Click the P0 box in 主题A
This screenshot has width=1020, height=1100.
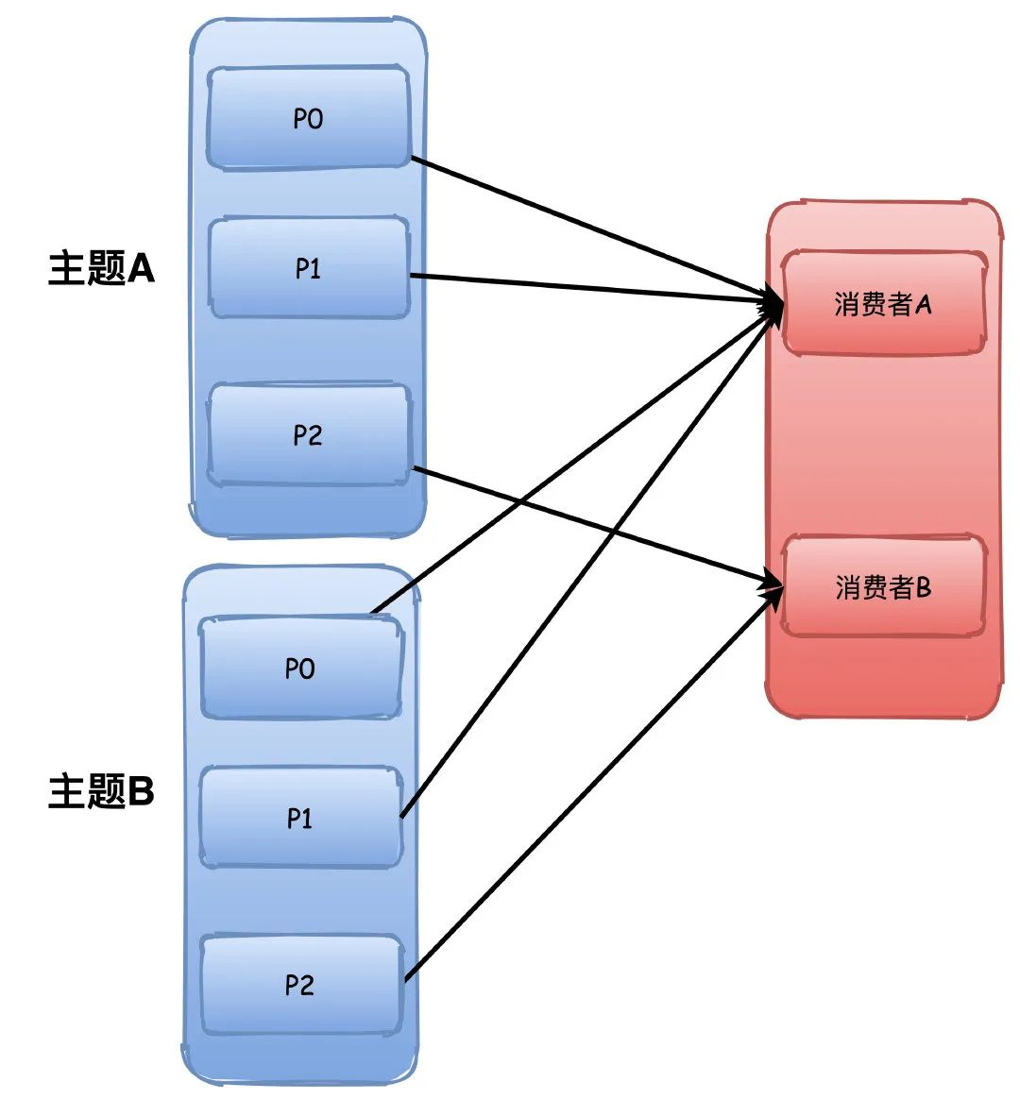click(308, 119)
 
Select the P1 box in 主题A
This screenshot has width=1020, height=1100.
click(308, 269)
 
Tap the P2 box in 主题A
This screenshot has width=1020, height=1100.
click(308, 435)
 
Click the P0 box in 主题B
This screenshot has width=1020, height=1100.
click(300, 668)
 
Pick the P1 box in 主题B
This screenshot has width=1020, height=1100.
click(300, 818)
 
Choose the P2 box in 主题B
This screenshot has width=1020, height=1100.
click(300, 985)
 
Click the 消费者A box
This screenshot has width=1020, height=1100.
click(883, 304)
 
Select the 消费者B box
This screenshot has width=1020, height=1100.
click(883, 587)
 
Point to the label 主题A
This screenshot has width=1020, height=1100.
click(101, 269)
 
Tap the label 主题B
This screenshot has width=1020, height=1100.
click(101, 790)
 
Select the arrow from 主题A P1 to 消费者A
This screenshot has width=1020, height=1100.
click(586, 287)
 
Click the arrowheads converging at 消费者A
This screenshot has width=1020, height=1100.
click(773, 304)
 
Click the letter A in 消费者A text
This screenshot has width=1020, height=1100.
click(923, 304)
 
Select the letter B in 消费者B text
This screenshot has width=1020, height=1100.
click(923, 587)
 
